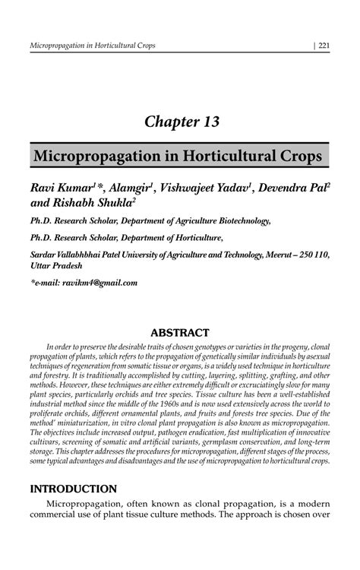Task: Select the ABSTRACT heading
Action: tap(180, 332)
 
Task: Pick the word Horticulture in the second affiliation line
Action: tap(212, 239)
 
